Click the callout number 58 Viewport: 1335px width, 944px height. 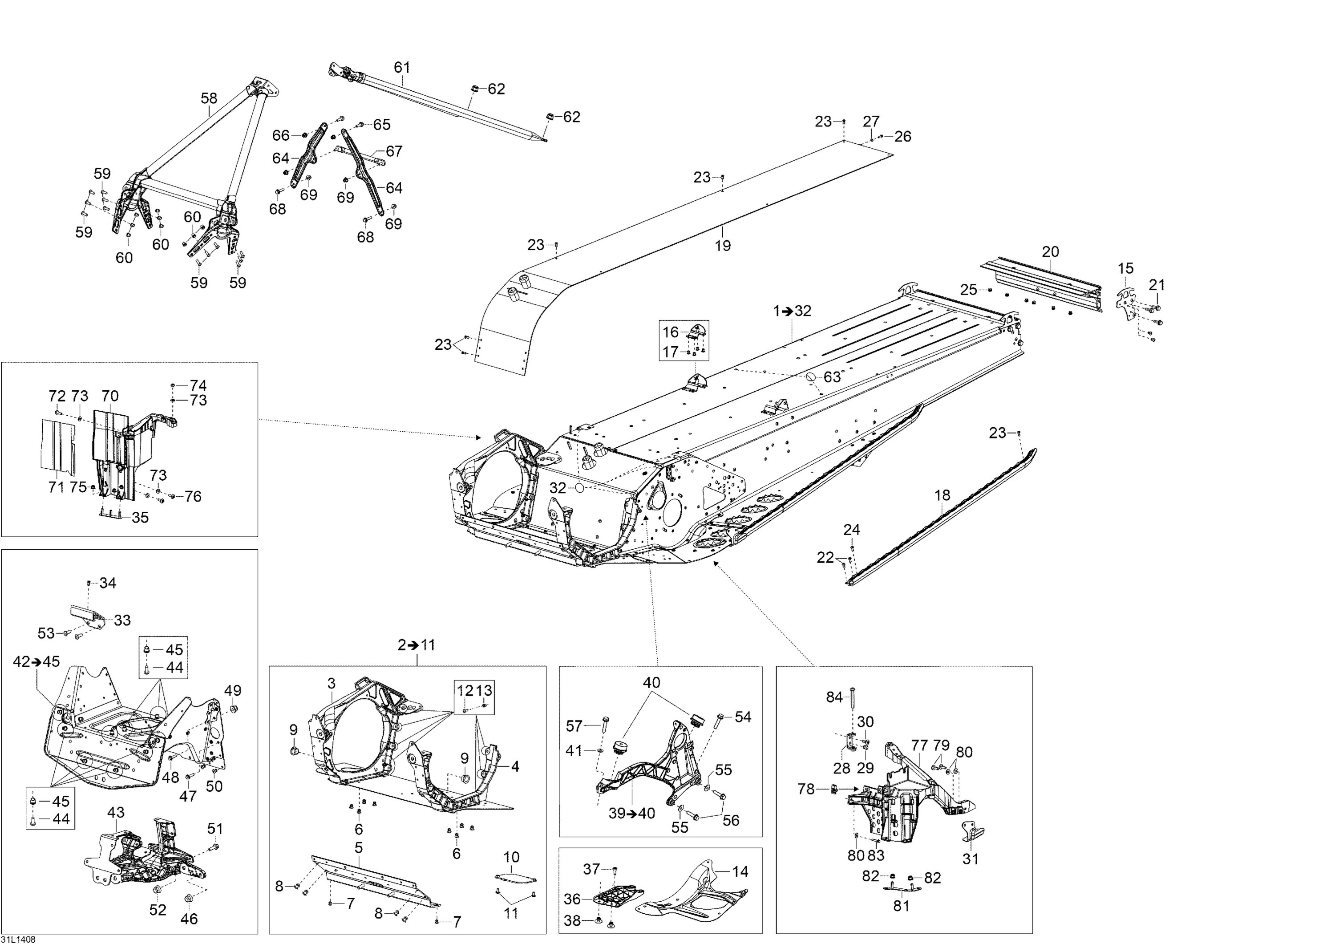pyautogui.click(x=209, y=98)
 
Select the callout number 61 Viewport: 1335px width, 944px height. pyautogui.click(x=402, y=68)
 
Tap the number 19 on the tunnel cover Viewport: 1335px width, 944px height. pyautogui.click(x=722, y=245)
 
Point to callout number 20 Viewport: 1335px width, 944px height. pyautogui.click(x=1050, y=252)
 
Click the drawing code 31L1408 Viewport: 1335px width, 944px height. pyautogui.click(x=18, y=939)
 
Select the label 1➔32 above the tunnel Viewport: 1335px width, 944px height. pyautogui.click(x=792, y=311)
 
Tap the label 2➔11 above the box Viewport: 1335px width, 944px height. pyautogui.click(x=417, y=645)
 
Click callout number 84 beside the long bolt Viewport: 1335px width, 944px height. pyautogui.click(x=834, y=697)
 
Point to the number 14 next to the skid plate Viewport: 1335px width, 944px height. pyautogui.click(x=740, y=871)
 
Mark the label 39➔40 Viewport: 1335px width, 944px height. pyautogui.click(x=632, y=813)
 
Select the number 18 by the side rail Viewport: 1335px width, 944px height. pyautogui.click(x=942, y=495)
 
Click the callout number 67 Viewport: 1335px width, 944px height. pyautogui.click(x=394, y=151)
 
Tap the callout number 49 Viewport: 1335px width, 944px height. pyautogui.click(x=233, y=691)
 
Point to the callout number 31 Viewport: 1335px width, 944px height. pyautogui.click(x=971, y=859)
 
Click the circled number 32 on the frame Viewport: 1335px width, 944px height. pyautogui.click(x=558, y=488)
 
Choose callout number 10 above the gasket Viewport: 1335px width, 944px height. pyautogui.click(x=511, y=857)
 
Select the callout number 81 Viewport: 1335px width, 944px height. pyautogui.click(x=901, y=906)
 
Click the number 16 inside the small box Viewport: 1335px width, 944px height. pyautogui.click(x=671, y=332)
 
